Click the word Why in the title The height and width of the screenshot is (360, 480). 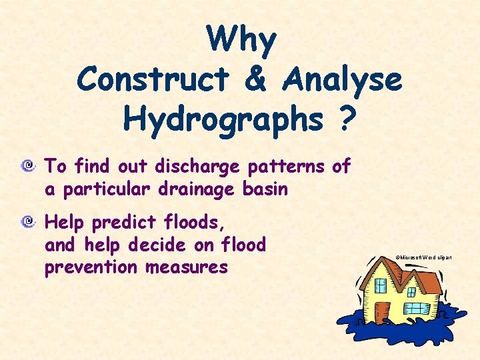click(241, 40)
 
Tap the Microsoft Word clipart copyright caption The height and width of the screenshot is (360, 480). click(424, 257)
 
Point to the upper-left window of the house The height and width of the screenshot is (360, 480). click(381, 286)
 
